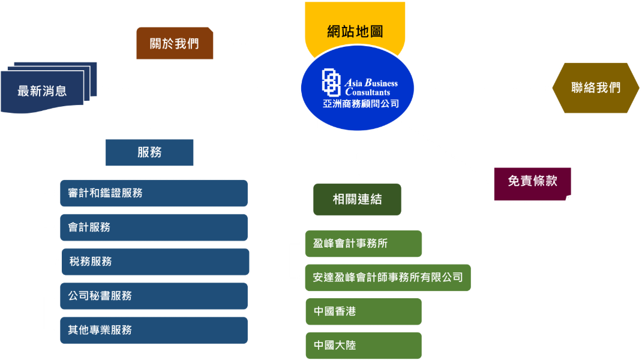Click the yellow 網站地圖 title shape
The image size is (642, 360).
pos(355,25)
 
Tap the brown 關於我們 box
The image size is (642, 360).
pos(175,43)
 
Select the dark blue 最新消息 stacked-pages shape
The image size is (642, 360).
pos(49,88)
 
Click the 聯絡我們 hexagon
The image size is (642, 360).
pos(596,88)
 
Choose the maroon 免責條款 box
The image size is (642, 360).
pos(532,184)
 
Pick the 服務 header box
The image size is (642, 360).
pos(149,152)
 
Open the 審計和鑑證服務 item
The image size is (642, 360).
pos(154,193)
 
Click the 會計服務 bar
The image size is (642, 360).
pos(154,227)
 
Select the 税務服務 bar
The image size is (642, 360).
pos(155,262)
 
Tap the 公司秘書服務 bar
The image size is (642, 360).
pos(154,296)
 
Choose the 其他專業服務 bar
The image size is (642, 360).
pos(154,330)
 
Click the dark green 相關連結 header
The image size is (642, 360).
pos(357,199)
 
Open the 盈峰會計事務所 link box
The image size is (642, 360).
pos(364,244)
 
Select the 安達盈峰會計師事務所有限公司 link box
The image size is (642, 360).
pos(388,278)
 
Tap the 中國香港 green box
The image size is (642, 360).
pos(364,311)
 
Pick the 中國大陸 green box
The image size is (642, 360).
pos(364,346)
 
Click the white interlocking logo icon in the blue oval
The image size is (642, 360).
pos(331,82)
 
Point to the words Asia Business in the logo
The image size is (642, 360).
pos(371,83)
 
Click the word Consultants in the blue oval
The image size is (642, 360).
pos(368,92)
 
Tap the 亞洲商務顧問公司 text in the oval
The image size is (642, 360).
pos(361,104)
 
